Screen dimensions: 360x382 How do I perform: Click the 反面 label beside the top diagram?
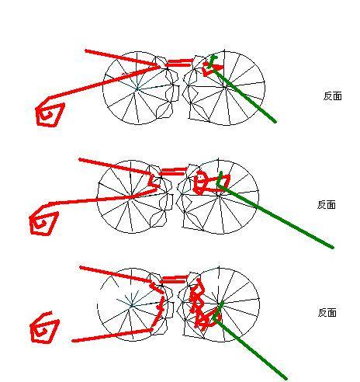pyautogui.click(x=333, y=96)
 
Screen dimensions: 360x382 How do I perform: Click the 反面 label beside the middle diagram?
pyautogui.click(x=327, y=205)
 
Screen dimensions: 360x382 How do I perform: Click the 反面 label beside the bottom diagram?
pyautogui.click(x=327, y=313)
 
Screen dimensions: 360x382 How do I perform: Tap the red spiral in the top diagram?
pyautogui.click(x=50, y=115)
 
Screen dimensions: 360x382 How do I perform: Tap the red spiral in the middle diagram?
pyautogui.click(x=43, y=224)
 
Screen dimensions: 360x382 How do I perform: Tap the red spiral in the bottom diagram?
pyautogui.click(x=44, y=328)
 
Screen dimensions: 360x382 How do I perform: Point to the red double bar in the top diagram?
pyautogui.click(x=179, y=63)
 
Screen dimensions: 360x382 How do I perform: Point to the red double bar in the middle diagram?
pyautogui.click(x=173, y=172)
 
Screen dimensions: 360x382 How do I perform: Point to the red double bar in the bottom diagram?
pyautogui.click(x=173, y=280)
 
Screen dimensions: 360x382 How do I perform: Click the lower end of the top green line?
pyautogui.click(x=275, y=121)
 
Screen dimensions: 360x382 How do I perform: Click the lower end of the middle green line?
pyautogui.click(x=333, y=248)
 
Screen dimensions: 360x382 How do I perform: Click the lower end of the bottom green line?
pyautogui.click(x=286, y=378)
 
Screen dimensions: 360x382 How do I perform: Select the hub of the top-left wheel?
pyautogui.click(x=137, y=89)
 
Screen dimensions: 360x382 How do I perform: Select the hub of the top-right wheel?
pyautogui.click(x=225, y=88)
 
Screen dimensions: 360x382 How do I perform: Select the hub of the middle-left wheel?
pyautogui.click(x=131, y=196)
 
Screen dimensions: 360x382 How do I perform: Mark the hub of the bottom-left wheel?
pyautogui.click(x=131, y=305)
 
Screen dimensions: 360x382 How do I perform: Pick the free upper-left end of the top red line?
pyautogui.click(x=86, y=50)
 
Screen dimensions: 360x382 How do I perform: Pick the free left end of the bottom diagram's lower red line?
pyautogui.click(x=73, y=341)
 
